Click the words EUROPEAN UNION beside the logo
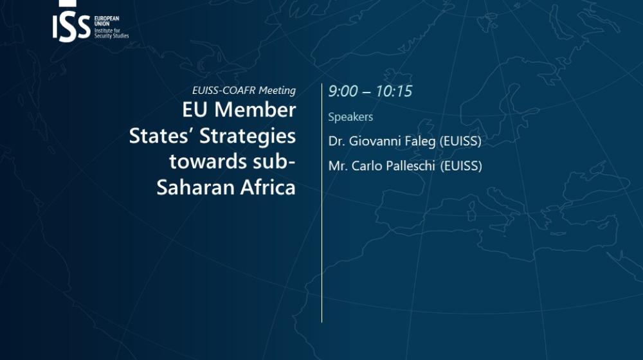107,21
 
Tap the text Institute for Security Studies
111,33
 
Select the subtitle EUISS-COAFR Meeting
244,90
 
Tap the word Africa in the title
267,187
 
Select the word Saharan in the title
195,187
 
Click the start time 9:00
343,91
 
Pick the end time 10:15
394,91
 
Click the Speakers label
350,117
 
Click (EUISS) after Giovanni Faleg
460,141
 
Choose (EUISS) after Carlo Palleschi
461,166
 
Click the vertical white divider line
322,203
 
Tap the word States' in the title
161,136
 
